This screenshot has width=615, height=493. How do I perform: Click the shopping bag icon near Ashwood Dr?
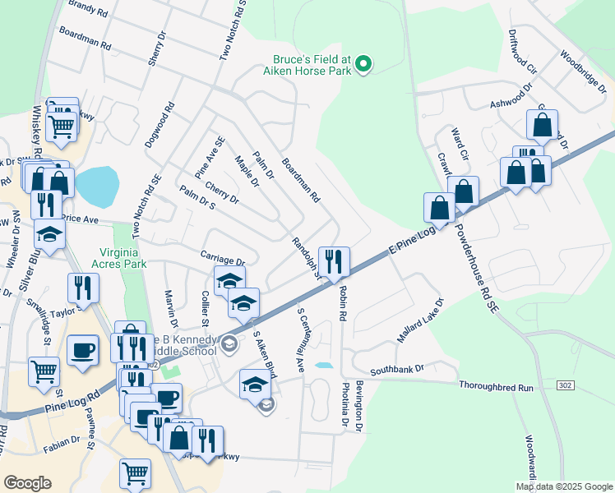click(x=542, y=126)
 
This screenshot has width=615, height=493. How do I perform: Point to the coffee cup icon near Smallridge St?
click(x=82, y=350)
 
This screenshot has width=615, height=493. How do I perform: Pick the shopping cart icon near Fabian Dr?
click(x=135, y=473)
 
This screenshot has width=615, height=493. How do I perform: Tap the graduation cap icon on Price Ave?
click(x=49, y=234)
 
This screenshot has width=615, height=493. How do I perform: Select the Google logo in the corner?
click(x=27, y=483)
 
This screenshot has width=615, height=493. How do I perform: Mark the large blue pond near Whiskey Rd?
click(x=95, y=187)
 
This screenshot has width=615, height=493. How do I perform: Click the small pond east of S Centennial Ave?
click(x=325, y=365)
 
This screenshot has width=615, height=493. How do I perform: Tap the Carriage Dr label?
click(x=223, y=259)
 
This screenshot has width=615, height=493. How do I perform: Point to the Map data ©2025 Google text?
click(x=564, y=486)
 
